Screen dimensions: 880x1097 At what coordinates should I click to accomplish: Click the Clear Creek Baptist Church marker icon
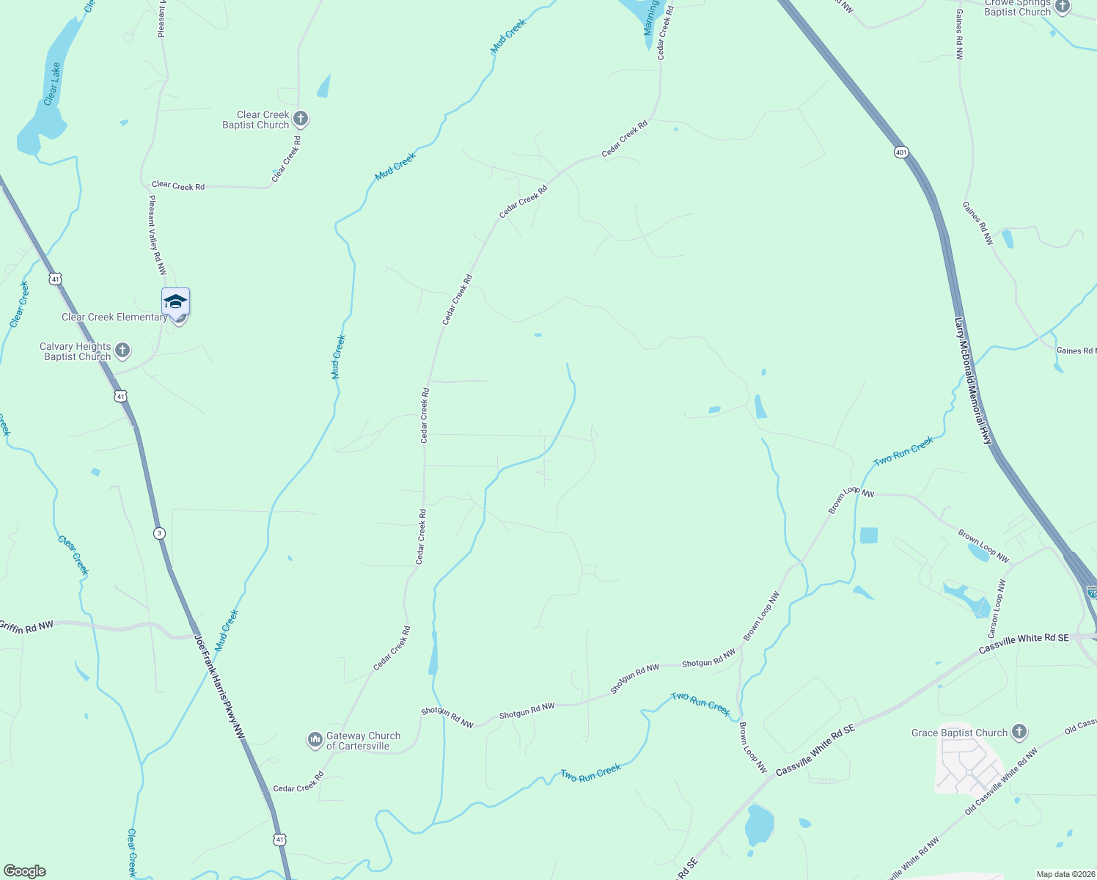tap(300, 119)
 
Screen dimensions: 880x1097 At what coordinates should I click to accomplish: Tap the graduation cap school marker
tap(176, 301)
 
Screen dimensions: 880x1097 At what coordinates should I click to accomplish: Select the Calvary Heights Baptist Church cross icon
tap(122, 351)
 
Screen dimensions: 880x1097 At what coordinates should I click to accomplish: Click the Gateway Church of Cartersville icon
tap(315, 741)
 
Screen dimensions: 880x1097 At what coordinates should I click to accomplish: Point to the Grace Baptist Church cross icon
tap(1019, 732)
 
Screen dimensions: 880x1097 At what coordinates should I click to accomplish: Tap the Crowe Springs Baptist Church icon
tap(1063, 7)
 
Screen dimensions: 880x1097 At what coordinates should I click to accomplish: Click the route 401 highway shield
tap(901, 153)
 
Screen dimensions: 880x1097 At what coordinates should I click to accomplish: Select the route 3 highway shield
tap(159, 533)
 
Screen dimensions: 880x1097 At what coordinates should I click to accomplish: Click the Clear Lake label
tap(51, 84)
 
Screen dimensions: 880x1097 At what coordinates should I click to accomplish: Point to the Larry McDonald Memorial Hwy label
tap(974, 381)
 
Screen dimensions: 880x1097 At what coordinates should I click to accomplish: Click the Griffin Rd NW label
tap(26, 626)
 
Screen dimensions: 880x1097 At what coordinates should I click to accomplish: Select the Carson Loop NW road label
tap(997, 609)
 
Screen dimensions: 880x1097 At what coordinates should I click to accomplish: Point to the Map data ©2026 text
tap(1065, 874)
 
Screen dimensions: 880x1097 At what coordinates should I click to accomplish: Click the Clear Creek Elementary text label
tap(114, 317)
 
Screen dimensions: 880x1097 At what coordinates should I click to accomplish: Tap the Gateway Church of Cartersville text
tap(363, 741)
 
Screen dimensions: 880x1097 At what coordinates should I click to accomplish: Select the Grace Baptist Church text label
tap(959, 733)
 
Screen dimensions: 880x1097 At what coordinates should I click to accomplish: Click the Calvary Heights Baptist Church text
tap(76, 351)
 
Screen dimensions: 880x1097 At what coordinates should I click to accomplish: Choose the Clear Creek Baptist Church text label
tap(257, 120)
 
